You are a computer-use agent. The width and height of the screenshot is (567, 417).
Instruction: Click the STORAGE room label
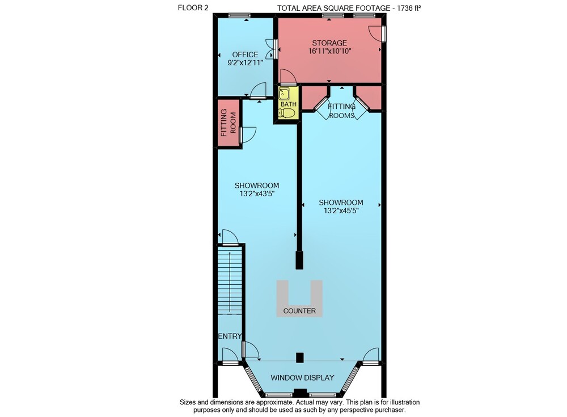pyautogui.click(x=329, y=43)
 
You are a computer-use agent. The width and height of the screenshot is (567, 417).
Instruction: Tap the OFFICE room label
pyautogui.click(x=245, y=54)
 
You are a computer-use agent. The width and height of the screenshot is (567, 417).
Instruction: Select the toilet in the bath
pyautogui.click(x=287, y=113)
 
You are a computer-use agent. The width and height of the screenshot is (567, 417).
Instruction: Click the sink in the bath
pyautogui.click(x=284, y=94)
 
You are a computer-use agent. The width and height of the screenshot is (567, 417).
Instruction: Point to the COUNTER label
pyautogui.click(x=299, y=310)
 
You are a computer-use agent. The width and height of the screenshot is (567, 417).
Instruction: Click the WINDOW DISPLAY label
pyautogui.click(x=302, y=377)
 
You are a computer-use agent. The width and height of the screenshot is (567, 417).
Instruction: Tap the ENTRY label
pyautogui.click(x=230, y=336)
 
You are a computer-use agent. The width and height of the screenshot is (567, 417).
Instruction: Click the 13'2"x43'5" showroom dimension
pyautogui.click(x=257, y=193)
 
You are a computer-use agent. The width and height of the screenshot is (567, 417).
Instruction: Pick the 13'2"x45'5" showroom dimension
pyautogui.click(x=341, y=210)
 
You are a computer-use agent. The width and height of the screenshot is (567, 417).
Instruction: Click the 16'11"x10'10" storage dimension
pyautogui.click(x=330, y=51)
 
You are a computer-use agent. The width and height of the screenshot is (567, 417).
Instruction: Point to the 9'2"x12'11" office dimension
pyautogui.click(x=245, y=62)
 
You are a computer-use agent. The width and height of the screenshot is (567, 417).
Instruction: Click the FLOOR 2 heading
pyautogui.click(x=193, y=7)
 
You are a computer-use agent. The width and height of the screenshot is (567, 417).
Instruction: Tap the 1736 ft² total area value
pyautogui.click(x=409, y=8)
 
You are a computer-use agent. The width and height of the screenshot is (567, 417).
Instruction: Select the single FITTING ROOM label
pyautogui.click(x=228, y=123)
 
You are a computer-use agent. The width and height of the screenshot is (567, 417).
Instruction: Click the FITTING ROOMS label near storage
pyautogui.click(x=341, y=111)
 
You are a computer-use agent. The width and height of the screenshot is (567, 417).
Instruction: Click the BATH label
pyautogui.click(x=288, y=104)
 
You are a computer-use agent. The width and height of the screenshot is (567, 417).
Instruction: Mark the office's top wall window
pyautogui.click(x=239, y=15)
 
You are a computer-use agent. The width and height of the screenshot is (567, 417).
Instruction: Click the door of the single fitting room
pyautogui.click(x=247, y=134)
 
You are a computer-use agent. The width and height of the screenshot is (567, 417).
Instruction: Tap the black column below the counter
pyautogui.click(x=299, y=357)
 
